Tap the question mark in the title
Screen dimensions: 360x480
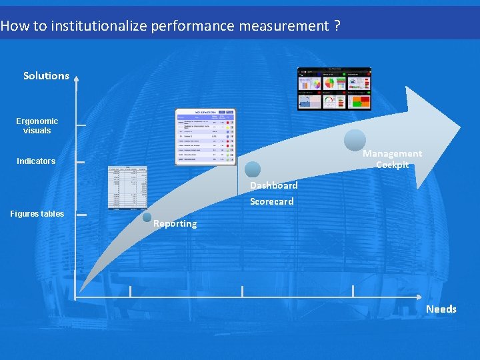pos(337,26)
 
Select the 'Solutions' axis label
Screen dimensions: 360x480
pos(46,76)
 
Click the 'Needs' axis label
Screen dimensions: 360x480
pos(441,309)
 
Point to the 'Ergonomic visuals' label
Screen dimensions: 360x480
pos(37,126)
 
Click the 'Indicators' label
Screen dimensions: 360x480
pos(36,161)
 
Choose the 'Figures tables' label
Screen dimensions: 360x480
pos(37,214)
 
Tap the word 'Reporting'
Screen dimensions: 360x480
pos(175,224)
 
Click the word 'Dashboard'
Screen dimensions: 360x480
pos(273,185)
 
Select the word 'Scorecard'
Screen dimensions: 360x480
pos(271,201)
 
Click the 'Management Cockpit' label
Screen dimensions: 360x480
pos(392,159)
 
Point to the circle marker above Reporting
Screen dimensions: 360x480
pos(147,216)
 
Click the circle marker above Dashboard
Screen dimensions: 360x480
pos(252,169)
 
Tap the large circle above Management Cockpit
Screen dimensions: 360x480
pos(355,140)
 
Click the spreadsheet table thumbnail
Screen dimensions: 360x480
pos(127,187)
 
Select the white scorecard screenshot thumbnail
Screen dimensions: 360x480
pos(205,136)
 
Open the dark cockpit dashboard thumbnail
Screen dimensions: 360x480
pos(334,89)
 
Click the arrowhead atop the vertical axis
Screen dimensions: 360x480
pos(76,78)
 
